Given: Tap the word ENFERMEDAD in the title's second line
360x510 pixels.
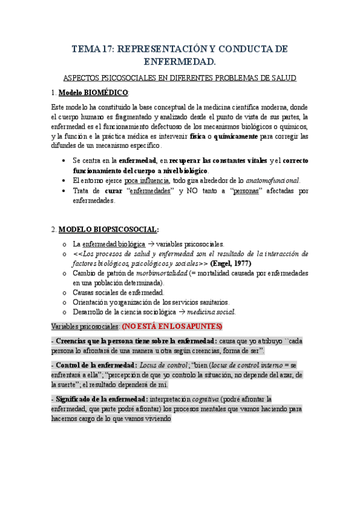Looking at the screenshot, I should click(180, 61).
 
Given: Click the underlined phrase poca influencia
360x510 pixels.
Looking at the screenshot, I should click(147, 180).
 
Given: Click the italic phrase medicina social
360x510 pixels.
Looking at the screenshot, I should click(211, 312).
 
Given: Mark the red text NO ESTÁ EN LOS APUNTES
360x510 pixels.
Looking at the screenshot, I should click(172, 326).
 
